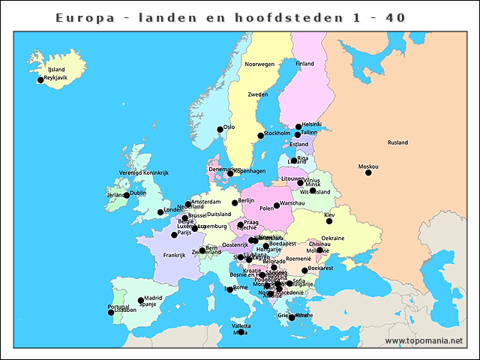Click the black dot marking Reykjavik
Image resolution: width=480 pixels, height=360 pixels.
pyautogui.click(x=40, y=80)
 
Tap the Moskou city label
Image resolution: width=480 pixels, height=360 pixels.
pyautogui.click(x=368, y=166)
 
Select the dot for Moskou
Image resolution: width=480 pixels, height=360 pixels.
pyautogui.click(x=368, y=173)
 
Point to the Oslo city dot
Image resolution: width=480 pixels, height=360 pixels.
pyautogui.click(x=220, y=130)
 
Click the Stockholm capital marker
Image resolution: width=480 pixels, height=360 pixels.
pyautogui.click(x=261, y=136)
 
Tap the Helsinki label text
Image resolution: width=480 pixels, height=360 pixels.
pyautogui.click(x=311, y=124)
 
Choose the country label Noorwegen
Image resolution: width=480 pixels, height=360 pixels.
pyautogui.click(x=259, y=64)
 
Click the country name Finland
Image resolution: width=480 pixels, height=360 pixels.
pyautogui.click(x=304, y=64)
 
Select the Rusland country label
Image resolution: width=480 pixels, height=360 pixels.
pyautogui.click(x=397, y=142)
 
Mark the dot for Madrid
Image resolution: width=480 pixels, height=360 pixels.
pyautogui.click(x=141, y=301)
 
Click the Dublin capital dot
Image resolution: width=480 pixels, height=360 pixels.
pyautogui.click(x=127, y=196)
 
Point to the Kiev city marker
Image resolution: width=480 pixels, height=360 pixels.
pyautogui.click(x=329, y=221)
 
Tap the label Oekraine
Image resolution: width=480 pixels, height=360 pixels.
pyautogui.click(x=332, y=238)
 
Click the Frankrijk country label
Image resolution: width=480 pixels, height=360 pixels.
pyautogui.click(x=174, y=255)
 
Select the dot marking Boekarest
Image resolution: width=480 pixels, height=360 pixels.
pyautogui.click(x=304, y=271)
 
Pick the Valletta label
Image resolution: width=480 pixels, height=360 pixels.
pyautogui.click(x=241, y=326)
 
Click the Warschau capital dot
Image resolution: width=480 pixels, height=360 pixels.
pyautogui.click(x=277, y=205)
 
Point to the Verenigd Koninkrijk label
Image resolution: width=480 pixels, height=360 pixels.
pyautogui.click(x=144, y=172)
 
